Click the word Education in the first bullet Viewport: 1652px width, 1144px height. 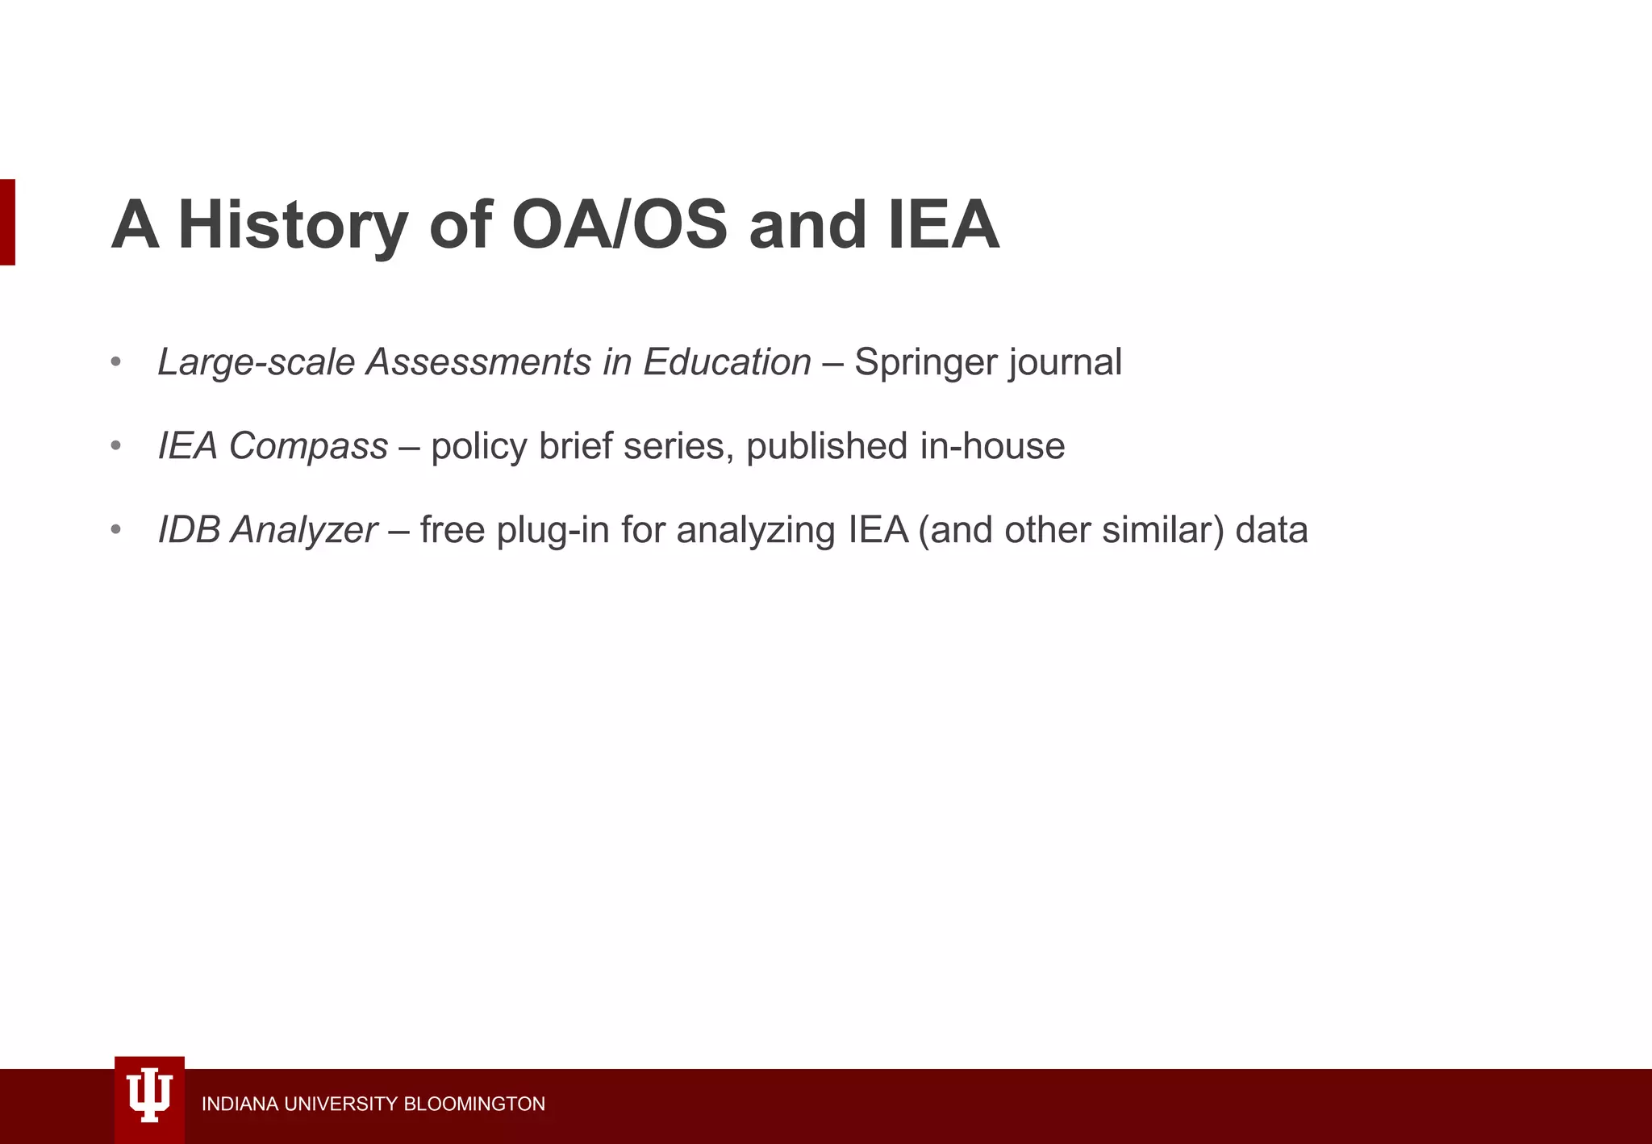(727, 362)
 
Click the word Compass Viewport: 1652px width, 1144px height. (308, 446)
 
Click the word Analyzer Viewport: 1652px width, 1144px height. (304, 530)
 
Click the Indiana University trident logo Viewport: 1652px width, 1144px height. (149, 1098)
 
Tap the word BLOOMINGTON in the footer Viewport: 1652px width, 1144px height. (474, 1104)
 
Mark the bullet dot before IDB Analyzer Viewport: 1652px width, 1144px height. (116, 530)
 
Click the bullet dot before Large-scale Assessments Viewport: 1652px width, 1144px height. (116, 362)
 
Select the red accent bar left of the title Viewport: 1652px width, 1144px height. (7, 222)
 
